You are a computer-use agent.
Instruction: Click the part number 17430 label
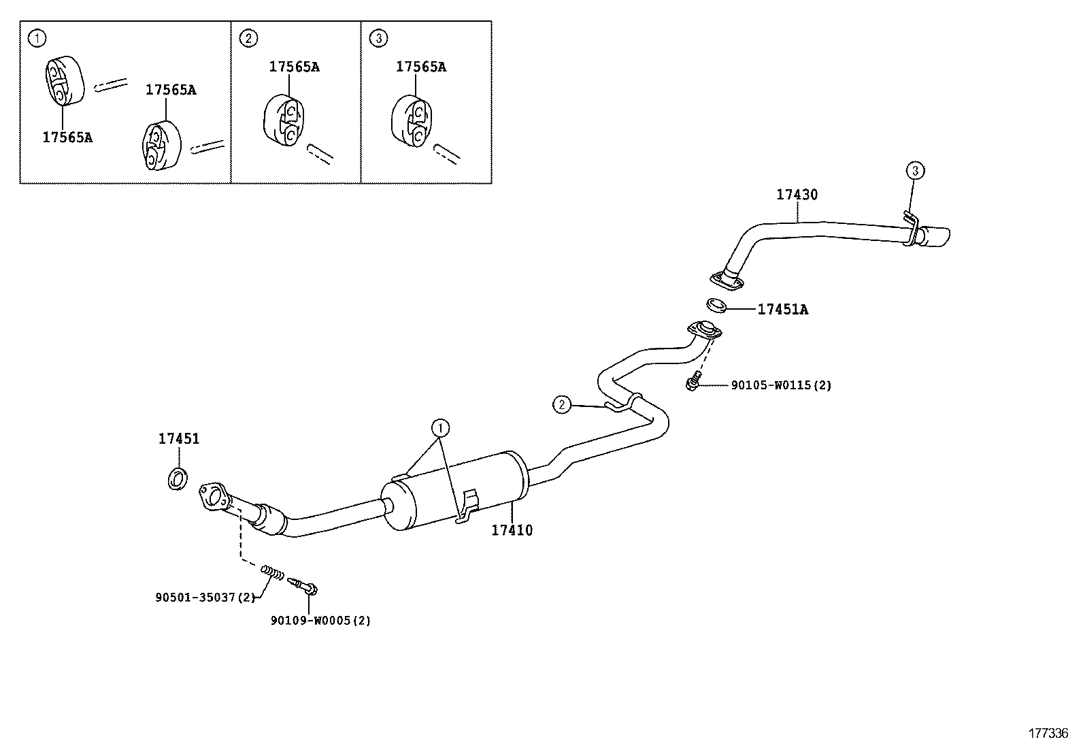(797, 195)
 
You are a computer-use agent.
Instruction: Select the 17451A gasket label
(782, 310)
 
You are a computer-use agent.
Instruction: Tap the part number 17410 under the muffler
(512, 530)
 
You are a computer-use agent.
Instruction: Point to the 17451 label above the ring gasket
(179, 439)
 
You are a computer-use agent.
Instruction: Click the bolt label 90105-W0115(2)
(781, 385)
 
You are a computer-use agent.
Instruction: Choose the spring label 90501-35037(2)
(204, 598)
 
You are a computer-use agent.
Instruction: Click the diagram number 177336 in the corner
(1048, 733)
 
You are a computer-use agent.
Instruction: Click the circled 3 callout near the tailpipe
(915, 170)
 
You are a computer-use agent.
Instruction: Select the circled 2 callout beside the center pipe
(561, 405)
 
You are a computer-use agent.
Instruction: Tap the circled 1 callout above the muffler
(440, 428)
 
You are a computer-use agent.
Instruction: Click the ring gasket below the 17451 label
(178, 478)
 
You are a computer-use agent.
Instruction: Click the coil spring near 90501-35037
(272, 572)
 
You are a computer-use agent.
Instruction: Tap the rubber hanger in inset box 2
(284, 121)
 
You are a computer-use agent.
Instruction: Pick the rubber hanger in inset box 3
(413, 121)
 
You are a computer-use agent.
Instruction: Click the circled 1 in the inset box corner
(38, 39)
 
